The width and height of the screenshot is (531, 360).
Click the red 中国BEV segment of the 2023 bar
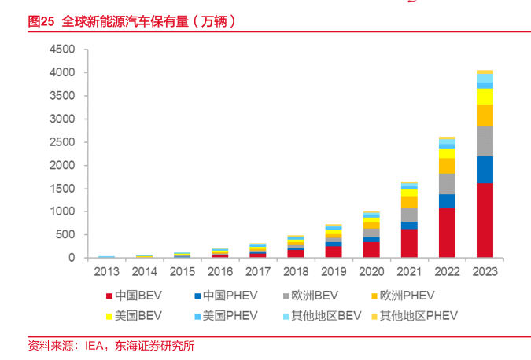click(485, 220)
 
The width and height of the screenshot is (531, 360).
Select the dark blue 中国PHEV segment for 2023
click(485, 170)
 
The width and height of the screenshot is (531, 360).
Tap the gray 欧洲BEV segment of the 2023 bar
click(485, 141)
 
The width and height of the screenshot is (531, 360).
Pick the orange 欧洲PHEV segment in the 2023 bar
click(485, 115)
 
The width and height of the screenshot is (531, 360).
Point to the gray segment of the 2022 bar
click(447, 184)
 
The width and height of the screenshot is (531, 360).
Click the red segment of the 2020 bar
click(371, 249)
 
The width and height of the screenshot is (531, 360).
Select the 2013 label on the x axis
click(107, 271)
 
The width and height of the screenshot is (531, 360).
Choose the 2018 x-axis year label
click(296, 271)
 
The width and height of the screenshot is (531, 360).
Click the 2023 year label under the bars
click(485, 271)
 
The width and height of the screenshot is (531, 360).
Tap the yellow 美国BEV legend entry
click(138, 316)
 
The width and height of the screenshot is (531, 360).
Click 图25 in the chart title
click(41, 22)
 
